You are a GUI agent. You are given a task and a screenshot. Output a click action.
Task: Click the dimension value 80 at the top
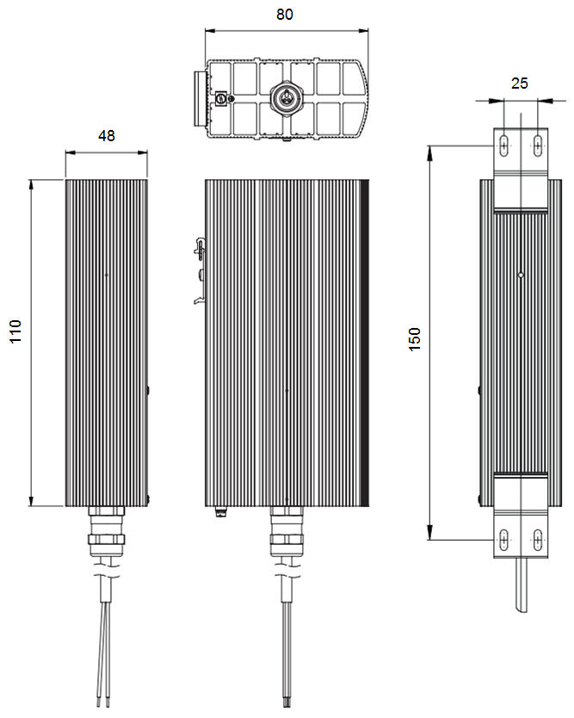[283, 15]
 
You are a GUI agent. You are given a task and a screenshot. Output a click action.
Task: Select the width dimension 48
[107, 135]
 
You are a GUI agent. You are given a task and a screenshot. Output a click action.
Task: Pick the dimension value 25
[519, 84]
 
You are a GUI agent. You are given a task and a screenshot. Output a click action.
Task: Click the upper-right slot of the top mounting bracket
[537, 145]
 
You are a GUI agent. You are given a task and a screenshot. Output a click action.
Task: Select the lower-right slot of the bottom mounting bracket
[537, 539]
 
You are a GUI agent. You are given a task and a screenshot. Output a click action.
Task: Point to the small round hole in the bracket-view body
[520, 275]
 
